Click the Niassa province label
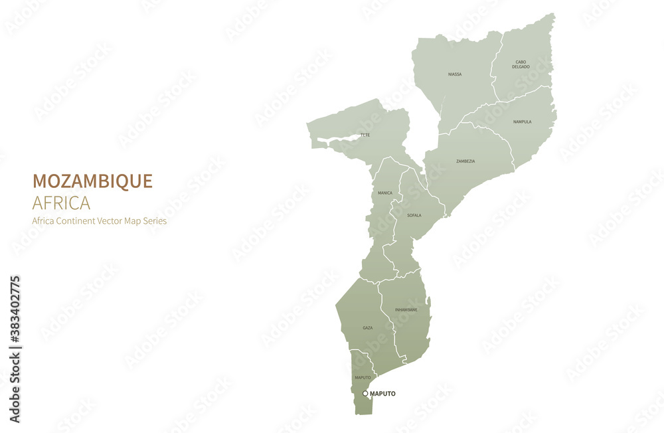[455, 74]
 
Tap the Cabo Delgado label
[521, 64]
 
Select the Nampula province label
[522, 122]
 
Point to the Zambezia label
[465, 161]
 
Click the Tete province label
[365, 135]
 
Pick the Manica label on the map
[385, 193]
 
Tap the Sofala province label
[414, 215]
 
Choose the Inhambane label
[406, 309]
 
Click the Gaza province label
[367, 328]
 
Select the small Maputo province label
[363, 378]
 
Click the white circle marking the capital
[365, 394]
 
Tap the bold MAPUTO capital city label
[382, 394]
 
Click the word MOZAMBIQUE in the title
[92, 181]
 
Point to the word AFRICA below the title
[61, 203]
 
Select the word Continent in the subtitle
[78, 221]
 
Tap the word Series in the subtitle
[156, 221]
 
